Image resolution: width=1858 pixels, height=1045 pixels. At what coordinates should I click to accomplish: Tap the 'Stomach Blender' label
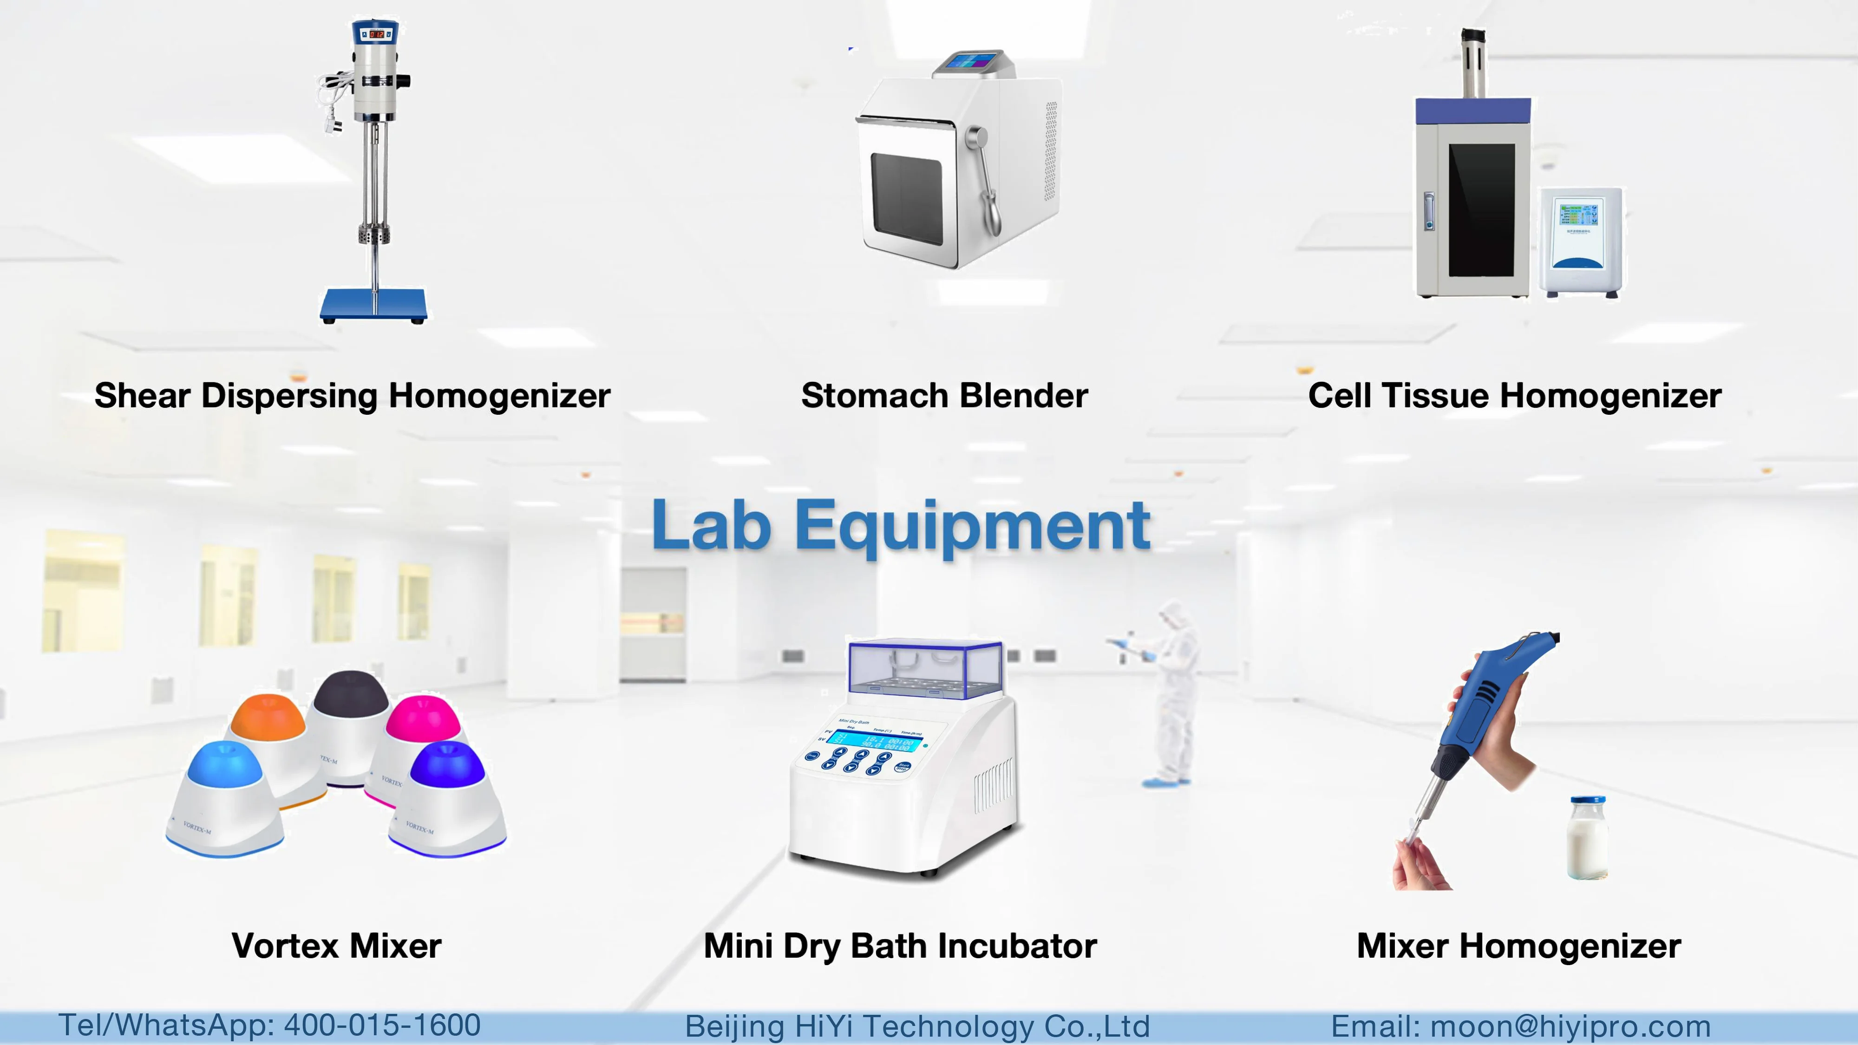coord(945,396)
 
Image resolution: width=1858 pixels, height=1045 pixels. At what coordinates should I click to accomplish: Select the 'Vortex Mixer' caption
coord(336,946)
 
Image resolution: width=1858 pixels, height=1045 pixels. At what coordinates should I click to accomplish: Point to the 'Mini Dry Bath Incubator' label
coord(900,946)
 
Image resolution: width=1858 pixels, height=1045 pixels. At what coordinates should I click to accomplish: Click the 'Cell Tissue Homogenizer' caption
coord(1515,396)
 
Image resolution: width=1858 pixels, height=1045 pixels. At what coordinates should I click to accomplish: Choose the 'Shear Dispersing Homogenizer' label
coord(352,396)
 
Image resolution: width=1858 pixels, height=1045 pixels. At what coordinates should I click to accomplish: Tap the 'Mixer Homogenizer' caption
coord(1518,946)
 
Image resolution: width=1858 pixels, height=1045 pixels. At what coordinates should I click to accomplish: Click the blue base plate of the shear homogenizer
coord(373,305)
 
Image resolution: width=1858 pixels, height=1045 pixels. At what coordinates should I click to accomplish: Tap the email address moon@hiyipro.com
coord(1570,1026)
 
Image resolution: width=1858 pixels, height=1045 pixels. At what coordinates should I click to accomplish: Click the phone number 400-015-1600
coord(382,1025)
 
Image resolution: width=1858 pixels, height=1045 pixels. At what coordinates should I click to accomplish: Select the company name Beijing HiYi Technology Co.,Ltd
coord(917,1027)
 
